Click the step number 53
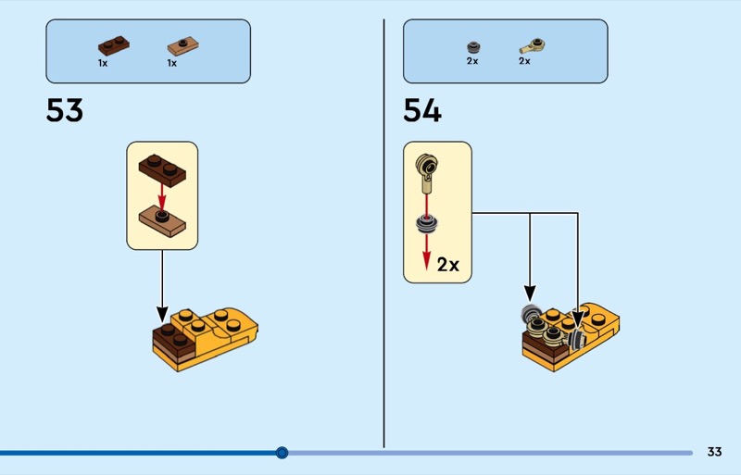[x=65, y=111]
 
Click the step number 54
[x=422, y=111]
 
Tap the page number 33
[x=714, y=452]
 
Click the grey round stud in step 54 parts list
[x=472, y=45]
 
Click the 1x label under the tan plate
[x=171, y=63]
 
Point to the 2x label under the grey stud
[x=471, y=61]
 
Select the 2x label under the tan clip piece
[x=524, y=61]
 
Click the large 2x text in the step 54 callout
[x=448, y=265]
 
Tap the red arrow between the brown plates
[x=161, y=196]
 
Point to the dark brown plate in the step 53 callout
[x=162, y=169]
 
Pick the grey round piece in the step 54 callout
[x=426, y=223]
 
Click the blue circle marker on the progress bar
[x=283, y=453]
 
